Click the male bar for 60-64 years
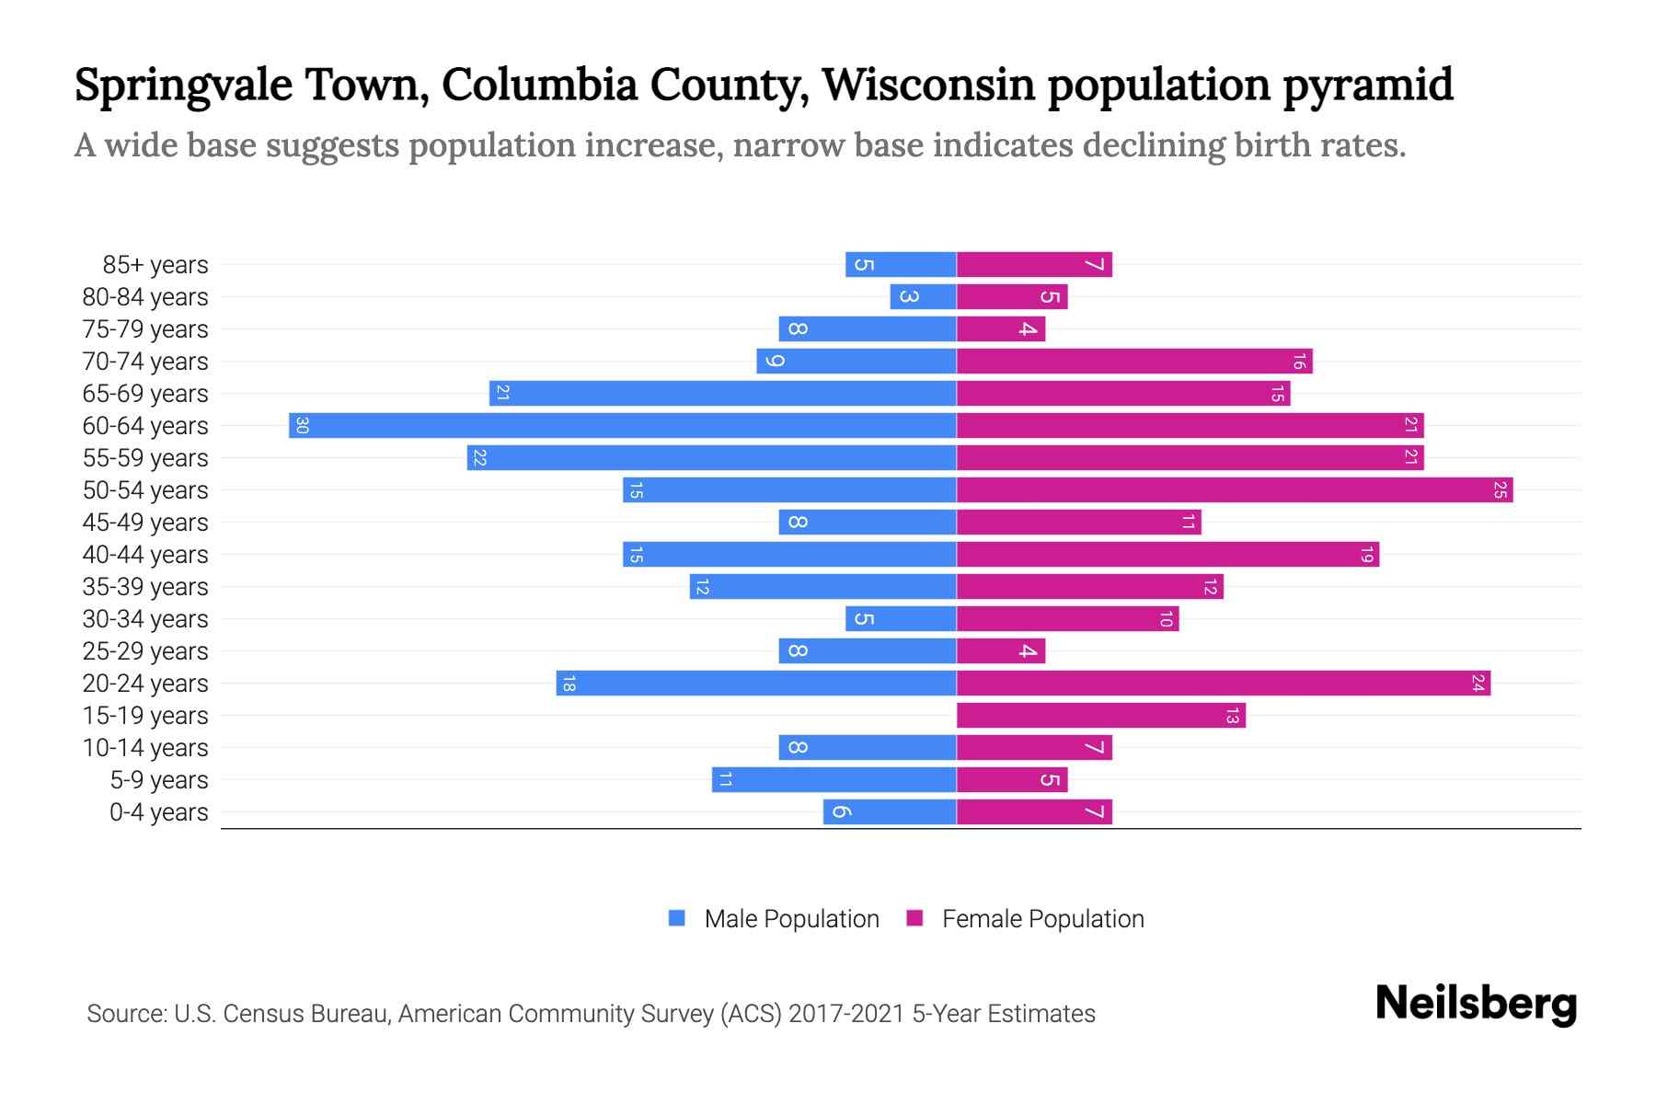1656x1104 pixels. click(622, 425)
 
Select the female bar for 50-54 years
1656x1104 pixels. click(1234, 489)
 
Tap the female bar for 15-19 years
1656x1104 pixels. click(1100, 715)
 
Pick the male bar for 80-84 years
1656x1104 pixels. click(923, 296)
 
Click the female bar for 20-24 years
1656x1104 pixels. click(1223, 683)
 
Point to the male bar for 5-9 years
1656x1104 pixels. click(834, 779)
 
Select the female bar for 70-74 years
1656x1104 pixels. click(1133, 361)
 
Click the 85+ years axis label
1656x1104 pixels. click(155, 265)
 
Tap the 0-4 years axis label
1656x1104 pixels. click(158, 812)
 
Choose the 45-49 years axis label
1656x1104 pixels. click(145, 523)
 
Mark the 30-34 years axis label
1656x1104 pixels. click(145, 619)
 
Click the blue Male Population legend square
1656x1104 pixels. click(677, 918)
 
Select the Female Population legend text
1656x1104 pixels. click(1042, 918)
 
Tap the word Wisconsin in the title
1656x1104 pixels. click(927, 85)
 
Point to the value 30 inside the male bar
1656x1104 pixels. click(302, 425)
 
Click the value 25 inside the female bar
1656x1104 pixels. click(1500, 489)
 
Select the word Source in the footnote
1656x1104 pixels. click(125, 1013)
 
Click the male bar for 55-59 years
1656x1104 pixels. click(711, 457)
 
